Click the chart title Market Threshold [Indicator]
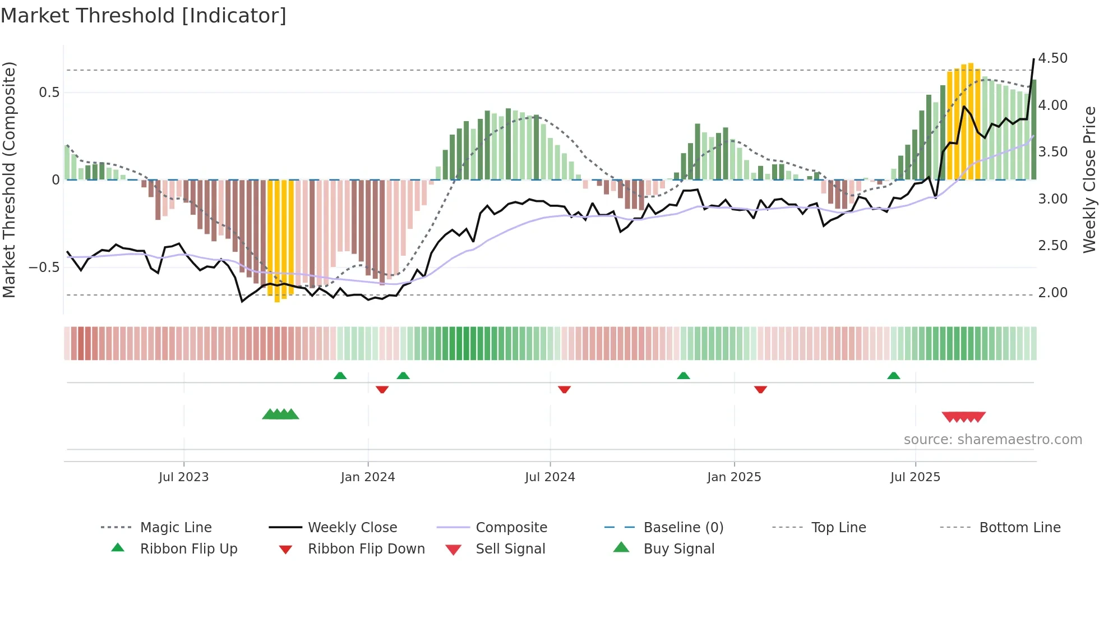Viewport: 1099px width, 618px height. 144,16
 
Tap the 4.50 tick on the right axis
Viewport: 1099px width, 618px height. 1052,58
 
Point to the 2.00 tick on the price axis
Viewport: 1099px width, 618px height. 1052,293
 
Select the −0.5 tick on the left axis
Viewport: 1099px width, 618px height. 44,268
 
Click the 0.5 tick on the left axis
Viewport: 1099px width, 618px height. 49,93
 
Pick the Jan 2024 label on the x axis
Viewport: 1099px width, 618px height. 368,477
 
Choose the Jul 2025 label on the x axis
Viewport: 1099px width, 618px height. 915,477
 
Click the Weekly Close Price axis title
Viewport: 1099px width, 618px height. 1089,179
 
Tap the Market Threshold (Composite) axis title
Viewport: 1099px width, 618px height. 9,179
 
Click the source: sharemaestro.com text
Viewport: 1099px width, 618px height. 992,440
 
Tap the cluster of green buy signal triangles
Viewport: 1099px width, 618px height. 280,414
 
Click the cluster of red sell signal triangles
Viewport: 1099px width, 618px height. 963,417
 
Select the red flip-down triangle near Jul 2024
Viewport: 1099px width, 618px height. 564,389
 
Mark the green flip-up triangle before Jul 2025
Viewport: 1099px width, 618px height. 893,376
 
